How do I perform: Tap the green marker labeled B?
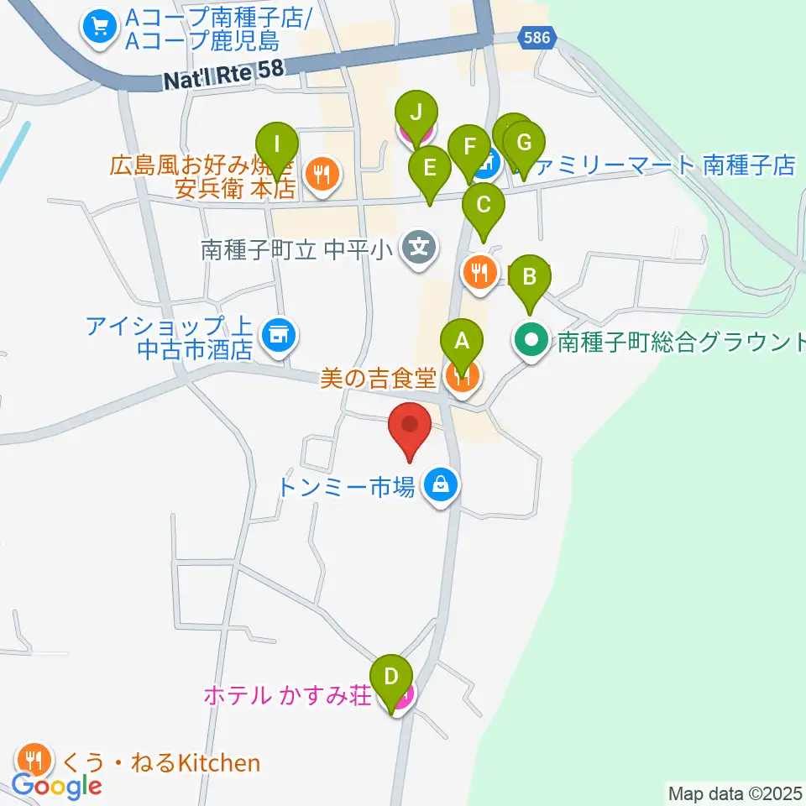point(530,277)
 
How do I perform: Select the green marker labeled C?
point(483,205)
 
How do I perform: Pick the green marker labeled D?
point(390,676)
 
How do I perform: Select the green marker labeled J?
point(416,112)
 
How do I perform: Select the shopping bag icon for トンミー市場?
point(439,484)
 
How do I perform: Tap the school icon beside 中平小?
point(417,248)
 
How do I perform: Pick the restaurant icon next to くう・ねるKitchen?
point(33,761)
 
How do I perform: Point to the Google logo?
point(56,786)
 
